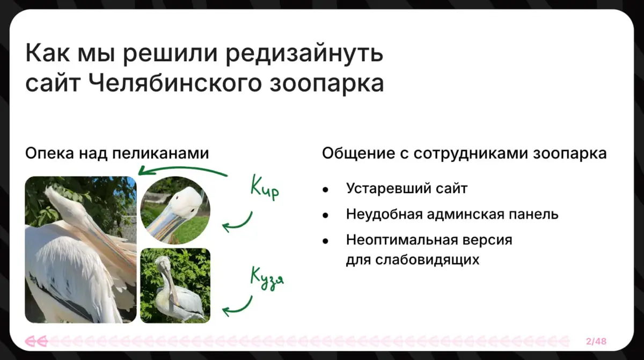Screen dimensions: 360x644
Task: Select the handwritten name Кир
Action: (265, 189)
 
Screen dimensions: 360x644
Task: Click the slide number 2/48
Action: (596, 341)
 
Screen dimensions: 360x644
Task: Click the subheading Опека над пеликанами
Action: (117, 153)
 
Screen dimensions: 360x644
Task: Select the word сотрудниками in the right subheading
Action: (472, 153)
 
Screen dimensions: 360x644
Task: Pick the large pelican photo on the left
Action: (80, 249)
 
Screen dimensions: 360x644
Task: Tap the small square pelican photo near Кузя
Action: (175, 285)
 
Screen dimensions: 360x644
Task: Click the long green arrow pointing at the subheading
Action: (182, 170)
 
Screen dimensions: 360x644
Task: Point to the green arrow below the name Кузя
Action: (237, 306)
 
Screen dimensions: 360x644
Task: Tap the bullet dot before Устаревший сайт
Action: (325, 189)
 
